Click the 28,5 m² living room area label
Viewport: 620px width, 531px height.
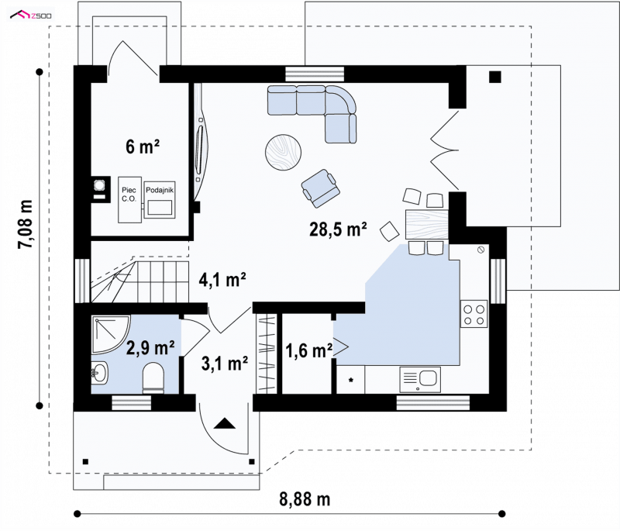(338, 229)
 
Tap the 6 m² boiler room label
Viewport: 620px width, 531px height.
(143, 147)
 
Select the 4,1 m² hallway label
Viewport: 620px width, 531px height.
(222, 280)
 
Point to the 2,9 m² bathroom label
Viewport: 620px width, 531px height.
(150, 348)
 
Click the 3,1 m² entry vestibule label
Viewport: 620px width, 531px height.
(225, 364)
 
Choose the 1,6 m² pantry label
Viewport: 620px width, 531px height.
(308, 350)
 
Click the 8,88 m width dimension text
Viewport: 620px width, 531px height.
(305, 499)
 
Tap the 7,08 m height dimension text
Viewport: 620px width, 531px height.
(25, 225)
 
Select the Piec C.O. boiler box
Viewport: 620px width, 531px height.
(129, 200)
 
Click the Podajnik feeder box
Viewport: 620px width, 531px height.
(160, 200)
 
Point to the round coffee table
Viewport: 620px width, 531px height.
(283, 152)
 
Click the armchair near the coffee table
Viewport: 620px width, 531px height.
(321, 188)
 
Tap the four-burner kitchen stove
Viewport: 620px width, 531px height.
(474, 314)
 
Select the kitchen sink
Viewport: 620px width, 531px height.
(420, 380)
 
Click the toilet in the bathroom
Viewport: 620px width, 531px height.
(153, 378)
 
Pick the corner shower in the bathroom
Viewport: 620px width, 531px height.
(110, 334)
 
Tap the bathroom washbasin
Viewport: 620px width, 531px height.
(99, 372)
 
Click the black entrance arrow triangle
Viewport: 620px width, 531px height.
(225, 423)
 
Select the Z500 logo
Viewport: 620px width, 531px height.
(30, 16)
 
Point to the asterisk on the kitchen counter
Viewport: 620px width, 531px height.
(351, 380)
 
